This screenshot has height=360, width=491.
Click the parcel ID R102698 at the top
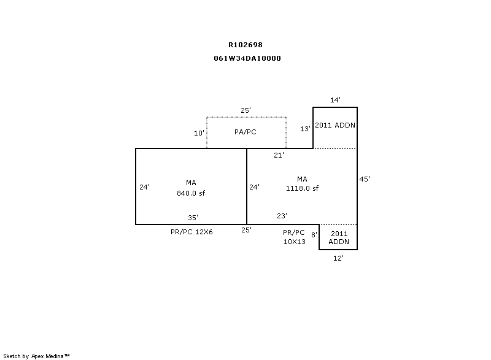click(x=245, y=45)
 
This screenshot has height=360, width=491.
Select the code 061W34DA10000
click(x=247, y=58)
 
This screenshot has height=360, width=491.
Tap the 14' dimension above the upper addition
click(x=335, y=100)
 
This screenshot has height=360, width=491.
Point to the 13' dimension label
click(x=305, y=129)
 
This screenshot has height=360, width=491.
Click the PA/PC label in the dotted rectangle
click(x=245, y=132)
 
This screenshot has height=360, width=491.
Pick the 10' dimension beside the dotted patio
click(x=199, y=133)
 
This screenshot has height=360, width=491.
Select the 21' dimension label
click(x=279, y=155)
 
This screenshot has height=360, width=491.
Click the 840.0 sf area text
click(x=191, y=193)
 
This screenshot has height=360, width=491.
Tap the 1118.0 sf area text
click(x=302, y=188)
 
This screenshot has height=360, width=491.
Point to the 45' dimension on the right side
click(x=365, y=179)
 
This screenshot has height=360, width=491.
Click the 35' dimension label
click(x=193, y=217)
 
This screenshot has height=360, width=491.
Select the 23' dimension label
click(x=282, y=215)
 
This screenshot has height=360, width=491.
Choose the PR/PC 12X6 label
click(x=191, y=232)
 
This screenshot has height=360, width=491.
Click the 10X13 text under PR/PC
click(x=295, y=242)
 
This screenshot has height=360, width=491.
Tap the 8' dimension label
click(x=314, y=234)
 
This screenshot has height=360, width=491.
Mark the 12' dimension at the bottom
click(x=338, y=258)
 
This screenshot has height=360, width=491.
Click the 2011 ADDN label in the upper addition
click(x=335, y=125)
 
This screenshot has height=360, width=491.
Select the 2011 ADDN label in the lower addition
click(x=339, y=237)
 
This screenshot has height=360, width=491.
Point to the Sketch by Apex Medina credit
click(x=36, y=356)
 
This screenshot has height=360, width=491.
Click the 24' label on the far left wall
click(x=144, y=186)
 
